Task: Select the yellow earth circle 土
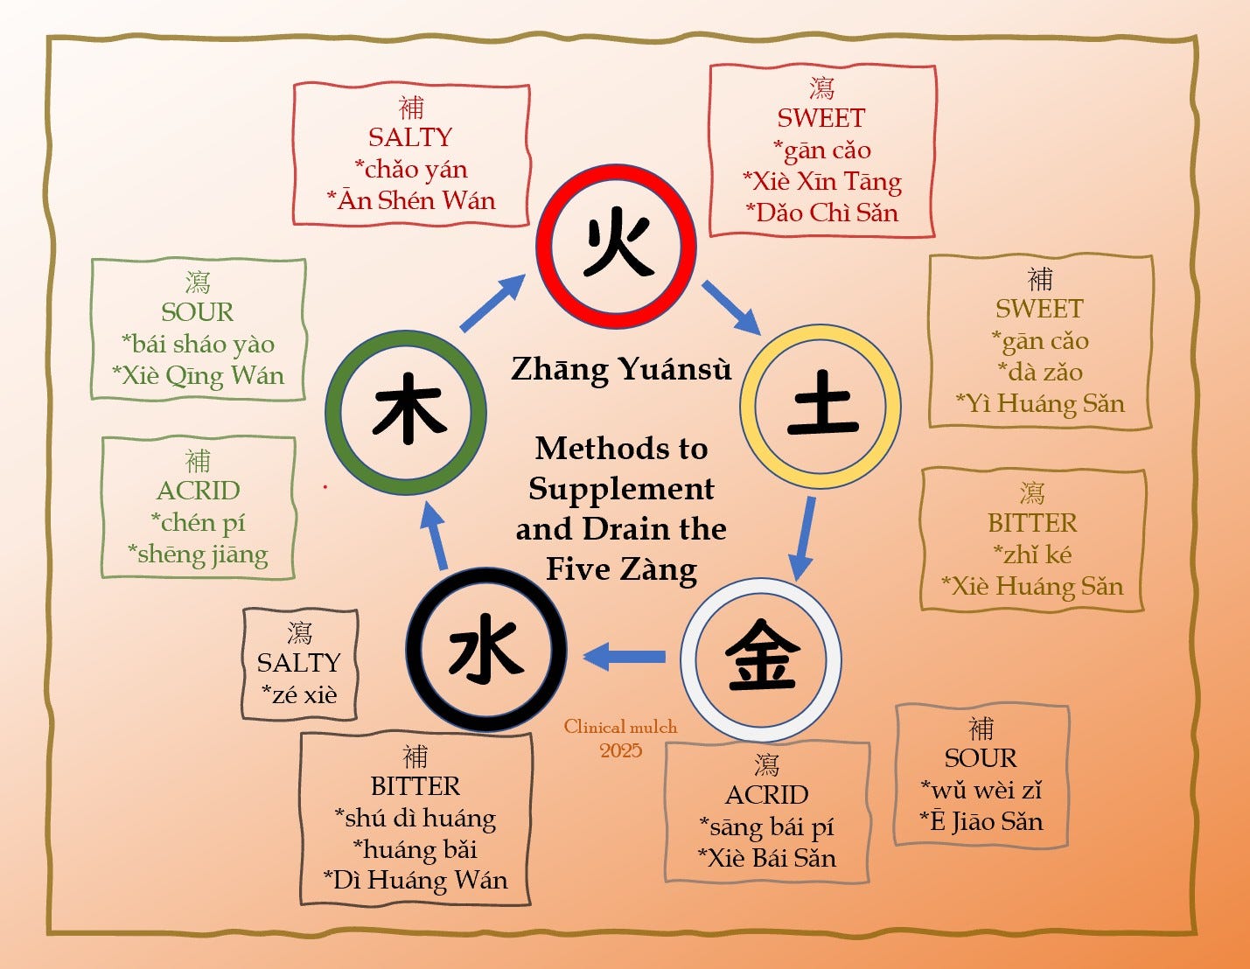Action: tap(821, 407)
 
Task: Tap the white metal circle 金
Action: tap(761, 659)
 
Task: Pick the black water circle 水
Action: tap(486, 651)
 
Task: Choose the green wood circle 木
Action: tap(406, 412)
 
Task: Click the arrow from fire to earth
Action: tap(731, 307)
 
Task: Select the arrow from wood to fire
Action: tap(492, 303)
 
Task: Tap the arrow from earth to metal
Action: tap(802, 538)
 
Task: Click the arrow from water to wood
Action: tap(434, 536)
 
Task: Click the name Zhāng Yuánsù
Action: tap(620, 369)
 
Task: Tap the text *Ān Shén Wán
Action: tap(411, 201)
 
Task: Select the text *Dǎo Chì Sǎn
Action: tap(821, 213)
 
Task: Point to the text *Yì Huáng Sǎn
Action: tap(1040, 403)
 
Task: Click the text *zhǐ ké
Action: tap(1032, 554)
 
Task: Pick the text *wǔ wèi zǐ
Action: tap(981, 790)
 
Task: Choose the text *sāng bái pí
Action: tap(766, 826)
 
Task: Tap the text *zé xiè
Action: tap(299, 694)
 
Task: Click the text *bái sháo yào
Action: tap(198, 344)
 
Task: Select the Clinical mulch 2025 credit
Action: tap(620, 738)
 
